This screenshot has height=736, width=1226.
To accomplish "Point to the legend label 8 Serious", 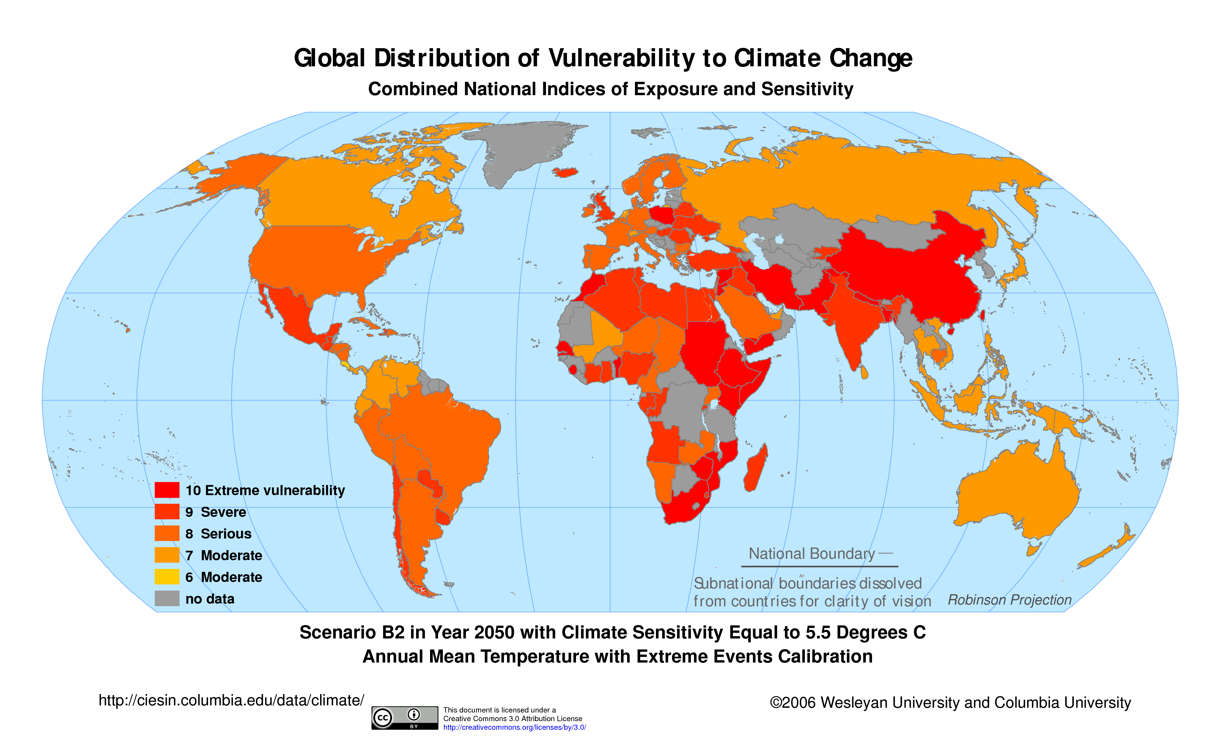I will [218, 534].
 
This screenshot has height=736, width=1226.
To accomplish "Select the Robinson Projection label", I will [1009, 600].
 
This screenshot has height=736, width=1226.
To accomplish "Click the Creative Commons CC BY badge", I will [405, 718].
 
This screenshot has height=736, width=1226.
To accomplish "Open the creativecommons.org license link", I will [514, 728].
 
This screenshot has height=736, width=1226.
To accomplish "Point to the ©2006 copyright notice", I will [950, 702].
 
